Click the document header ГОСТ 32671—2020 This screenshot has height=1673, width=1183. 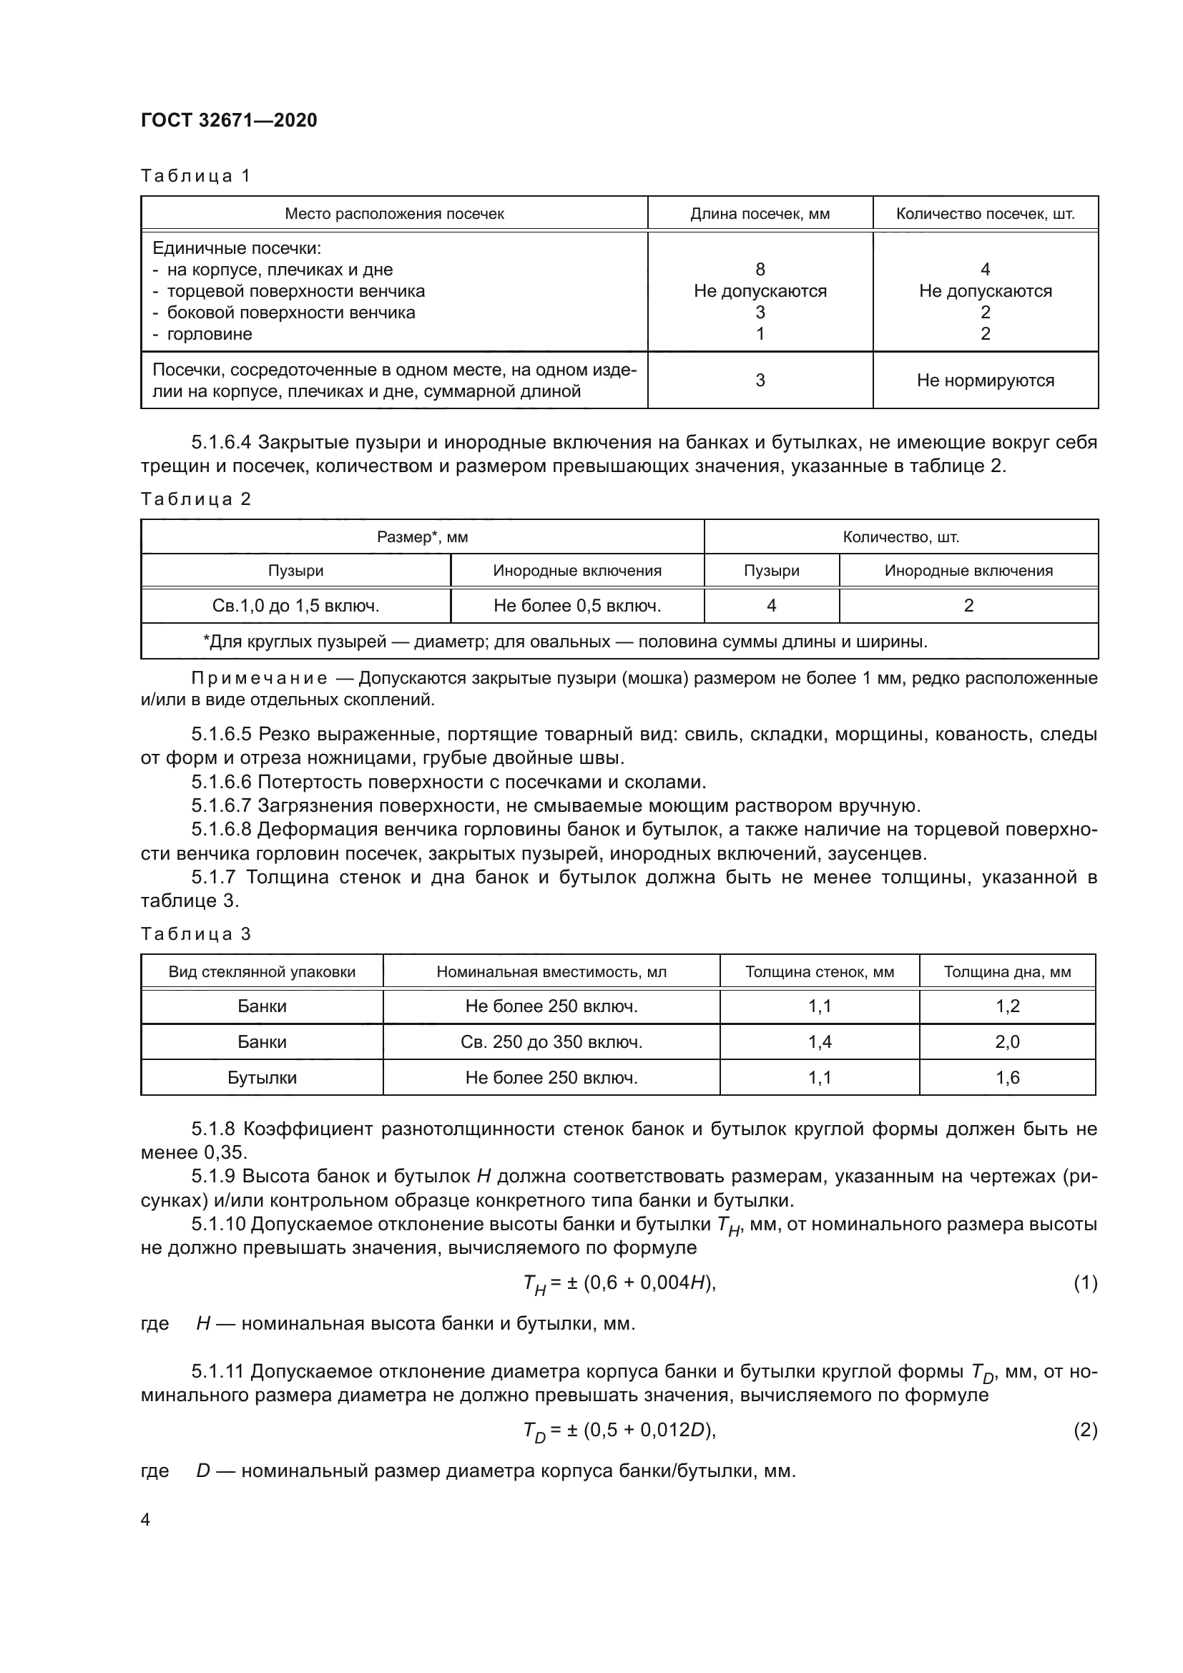[229, 120]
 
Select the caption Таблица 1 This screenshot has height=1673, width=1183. [195, 176]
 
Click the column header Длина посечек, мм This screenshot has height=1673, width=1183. [760, 213]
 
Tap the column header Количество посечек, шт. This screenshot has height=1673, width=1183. [985, 213]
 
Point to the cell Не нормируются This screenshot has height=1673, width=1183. [985, 381]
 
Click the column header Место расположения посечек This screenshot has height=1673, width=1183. [394, 213]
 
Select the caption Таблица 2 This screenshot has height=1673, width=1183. [195, 499]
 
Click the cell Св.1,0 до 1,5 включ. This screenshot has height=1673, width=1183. [296, 606]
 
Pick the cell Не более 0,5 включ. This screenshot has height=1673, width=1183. [577, 606]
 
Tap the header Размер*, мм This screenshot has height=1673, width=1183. [423, 537]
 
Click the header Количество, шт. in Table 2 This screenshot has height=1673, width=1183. [900, 537]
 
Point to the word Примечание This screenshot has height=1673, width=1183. [259, 678]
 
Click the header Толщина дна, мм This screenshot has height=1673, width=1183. [1007, 971]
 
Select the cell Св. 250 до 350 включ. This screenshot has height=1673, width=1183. [551, 1042]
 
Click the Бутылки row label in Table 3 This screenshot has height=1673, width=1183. [262, 1078]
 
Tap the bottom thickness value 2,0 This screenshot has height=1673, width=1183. [1007, 1042]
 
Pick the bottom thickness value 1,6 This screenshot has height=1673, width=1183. [1007, 1078]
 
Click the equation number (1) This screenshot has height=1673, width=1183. [1085, 1283]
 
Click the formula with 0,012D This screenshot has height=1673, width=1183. [619, 1431]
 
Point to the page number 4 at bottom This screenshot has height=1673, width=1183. [146, 1520]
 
